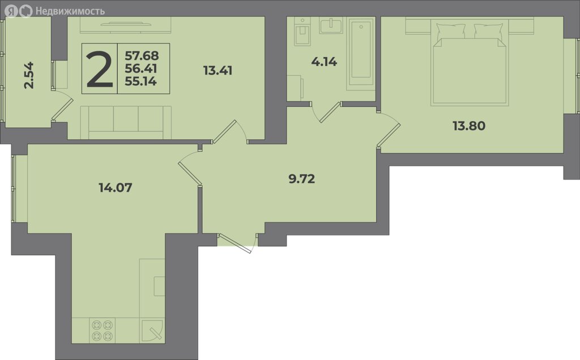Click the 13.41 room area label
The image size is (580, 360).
(218, 70)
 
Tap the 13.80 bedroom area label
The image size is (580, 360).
(469, 126)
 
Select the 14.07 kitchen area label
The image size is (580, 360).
(116, 187)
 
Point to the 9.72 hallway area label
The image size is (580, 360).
(301, 179)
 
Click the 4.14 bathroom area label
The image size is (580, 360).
(324, 62)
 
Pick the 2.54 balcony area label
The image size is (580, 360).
(29, 75)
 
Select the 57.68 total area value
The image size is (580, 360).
(142, 56)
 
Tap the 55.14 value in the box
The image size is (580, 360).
(140, 82)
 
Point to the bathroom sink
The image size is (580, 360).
(331, 26)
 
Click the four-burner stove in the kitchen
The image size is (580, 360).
(103, 331)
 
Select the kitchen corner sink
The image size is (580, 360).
(152, 331)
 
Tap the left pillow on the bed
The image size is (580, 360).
(451, 31)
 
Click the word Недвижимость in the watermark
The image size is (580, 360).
(70, 11)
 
